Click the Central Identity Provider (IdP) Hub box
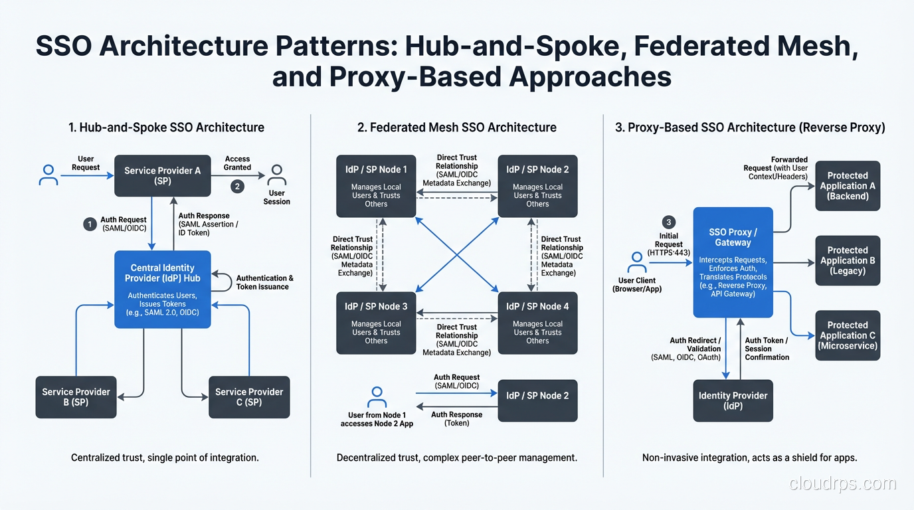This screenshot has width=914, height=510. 163,289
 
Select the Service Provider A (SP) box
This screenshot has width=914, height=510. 163,175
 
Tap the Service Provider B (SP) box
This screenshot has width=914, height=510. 76,397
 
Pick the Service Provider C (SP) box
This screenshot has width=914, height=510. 249,397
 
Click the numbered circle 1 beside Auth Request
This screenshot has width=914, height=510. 90,224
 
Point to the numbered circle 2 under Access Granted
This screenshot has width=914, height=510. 237,187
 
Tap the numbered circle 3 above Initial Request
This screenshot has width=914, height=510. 669,222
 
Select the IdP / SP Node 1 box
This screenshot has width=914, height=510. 376,186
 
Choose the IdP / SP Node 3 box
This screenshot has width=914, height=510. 376,323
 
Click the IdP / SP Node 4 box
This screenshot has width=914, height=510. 537,323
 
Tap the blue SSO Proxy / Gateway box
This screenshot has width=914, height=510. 733,262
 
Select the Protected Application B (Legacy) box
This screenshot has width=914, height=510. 848,260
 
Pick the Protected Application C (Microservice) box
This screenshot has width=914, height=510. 848,335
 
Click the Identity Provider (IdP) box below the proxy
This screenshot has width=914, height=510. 733,400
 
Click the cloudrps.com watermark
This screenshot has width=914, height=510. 842,484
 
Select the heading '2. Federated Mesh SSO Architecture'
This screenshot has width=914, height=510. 457,127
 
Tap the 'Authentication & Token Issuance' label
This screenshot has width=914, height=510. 264,282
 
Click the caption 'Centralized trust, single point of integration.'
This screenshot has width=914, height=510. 165,458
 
